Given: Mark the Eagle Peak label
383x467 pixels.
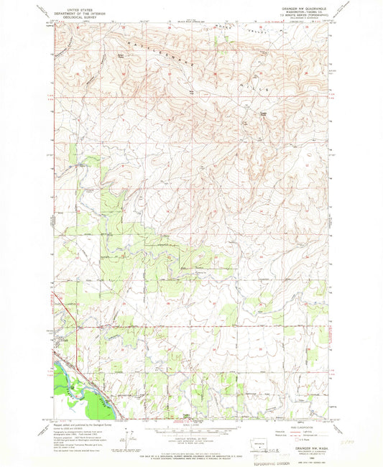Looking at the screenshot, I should coord(264,112).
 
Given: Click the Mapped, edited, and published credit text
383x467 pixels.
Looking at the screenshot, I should coord(75,424).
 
